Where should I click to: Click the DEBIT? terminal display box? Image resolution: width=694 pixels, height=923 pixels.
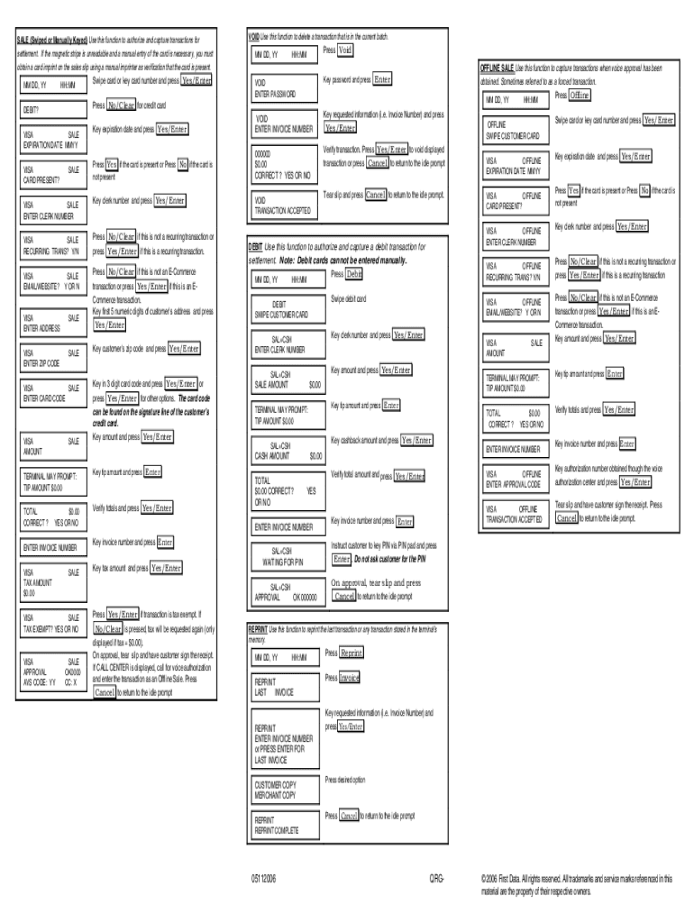point(52,110)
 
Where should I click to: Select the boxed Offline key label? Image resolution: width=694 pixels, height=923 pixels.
point(580,96)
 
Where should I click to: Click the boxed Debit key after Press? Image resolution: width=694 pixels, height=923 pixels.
point(354,274)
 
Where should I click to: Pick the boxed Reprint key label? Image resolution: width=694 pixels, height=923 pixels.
point(352,653)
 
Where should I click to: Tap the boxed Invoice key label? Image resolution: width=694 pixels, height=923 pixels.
point(350,677)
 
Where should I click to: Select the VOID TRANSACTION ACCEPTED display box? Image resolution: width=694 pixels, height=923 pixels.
point(283,205)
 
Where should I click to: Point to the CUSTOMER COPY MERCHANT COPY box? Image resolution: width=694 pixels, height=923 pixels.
point(283,790)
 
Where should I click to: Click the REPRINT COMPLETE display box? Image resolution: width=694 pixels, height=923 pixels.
point(283,825)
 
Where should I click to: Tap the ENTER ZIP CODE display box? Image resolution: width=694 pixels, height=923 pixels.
point(52,357)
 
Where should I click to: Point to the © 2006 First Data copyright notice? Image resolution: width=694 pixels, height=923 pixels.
point(577,883)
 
